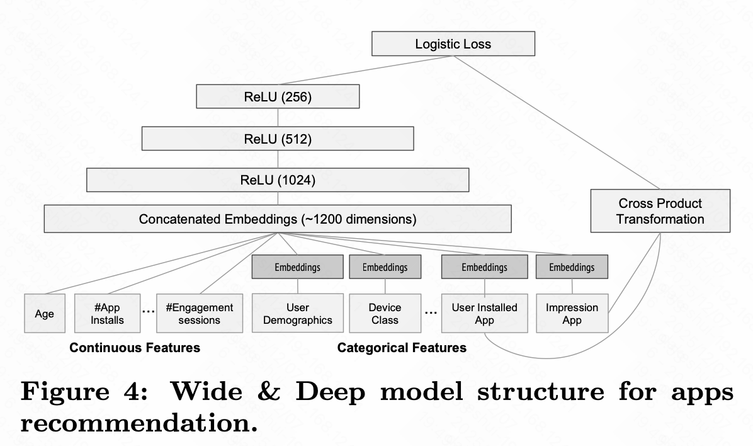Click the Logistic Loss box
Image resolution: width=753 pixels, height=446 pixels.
[x=453, y=45]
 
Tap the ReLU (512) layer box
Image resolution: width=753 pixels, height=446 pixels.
[x=278, y=139]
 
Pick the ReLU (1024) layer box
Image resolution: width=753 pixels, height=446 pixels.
[x=278, y=180]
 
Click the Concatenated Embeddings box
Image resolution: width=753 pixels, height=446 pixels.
[x=278, y=220]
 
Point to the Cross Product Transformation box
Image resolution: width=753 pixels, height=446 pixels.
[x=660, y=211]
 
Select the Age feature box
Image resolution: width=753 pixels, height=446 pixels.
[x=44, y=314]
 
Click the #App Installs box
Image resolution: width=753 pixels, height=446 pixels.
[x=107, y=314]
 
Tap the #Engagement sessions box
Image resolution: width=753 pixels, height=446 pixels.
[x=199, y=314]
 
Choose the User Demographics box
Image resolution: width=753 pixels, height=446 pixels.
[x=297, y=313]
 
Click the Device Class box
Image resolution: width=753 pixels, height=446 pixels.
[x=385, y=313]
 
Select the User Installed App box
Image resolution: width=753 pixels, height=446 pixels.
[x=484, y=313]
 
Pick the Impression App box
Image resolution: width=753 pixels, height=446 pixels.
[x=572, y=313]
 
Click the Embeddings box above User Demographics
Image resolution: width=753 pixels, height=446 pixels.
[x=297, y=267]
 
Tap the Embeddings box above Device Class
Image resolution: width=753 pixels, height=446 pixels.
[x=385, y=267]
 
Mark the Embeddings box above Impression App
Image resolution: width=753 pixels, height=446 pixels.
[x=572, y=267]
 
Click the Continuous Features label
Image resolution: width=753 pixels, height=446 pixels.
[x=135, y=348]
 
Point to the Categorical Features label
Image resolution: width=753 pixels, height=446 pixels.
[x=402, y=348]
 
